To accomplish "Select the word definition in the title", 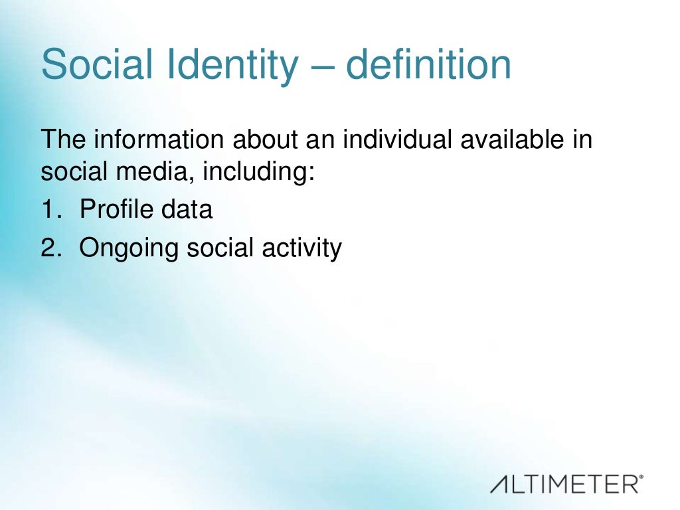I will pyautogui.click(x=428, y=64).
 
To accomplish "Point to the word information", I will pyautogui.click(x=161, y=140).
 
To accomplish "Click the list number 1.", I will pyautogui.click(x=51, y=210).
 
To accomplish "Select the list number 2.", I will pyautogui.click(x=51, y=248).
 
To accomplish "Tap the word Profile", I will pyautogui.click(x=116, y=210).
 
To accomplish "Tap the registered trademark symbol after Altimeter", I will pyautogui.click(x=641, y=477).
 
